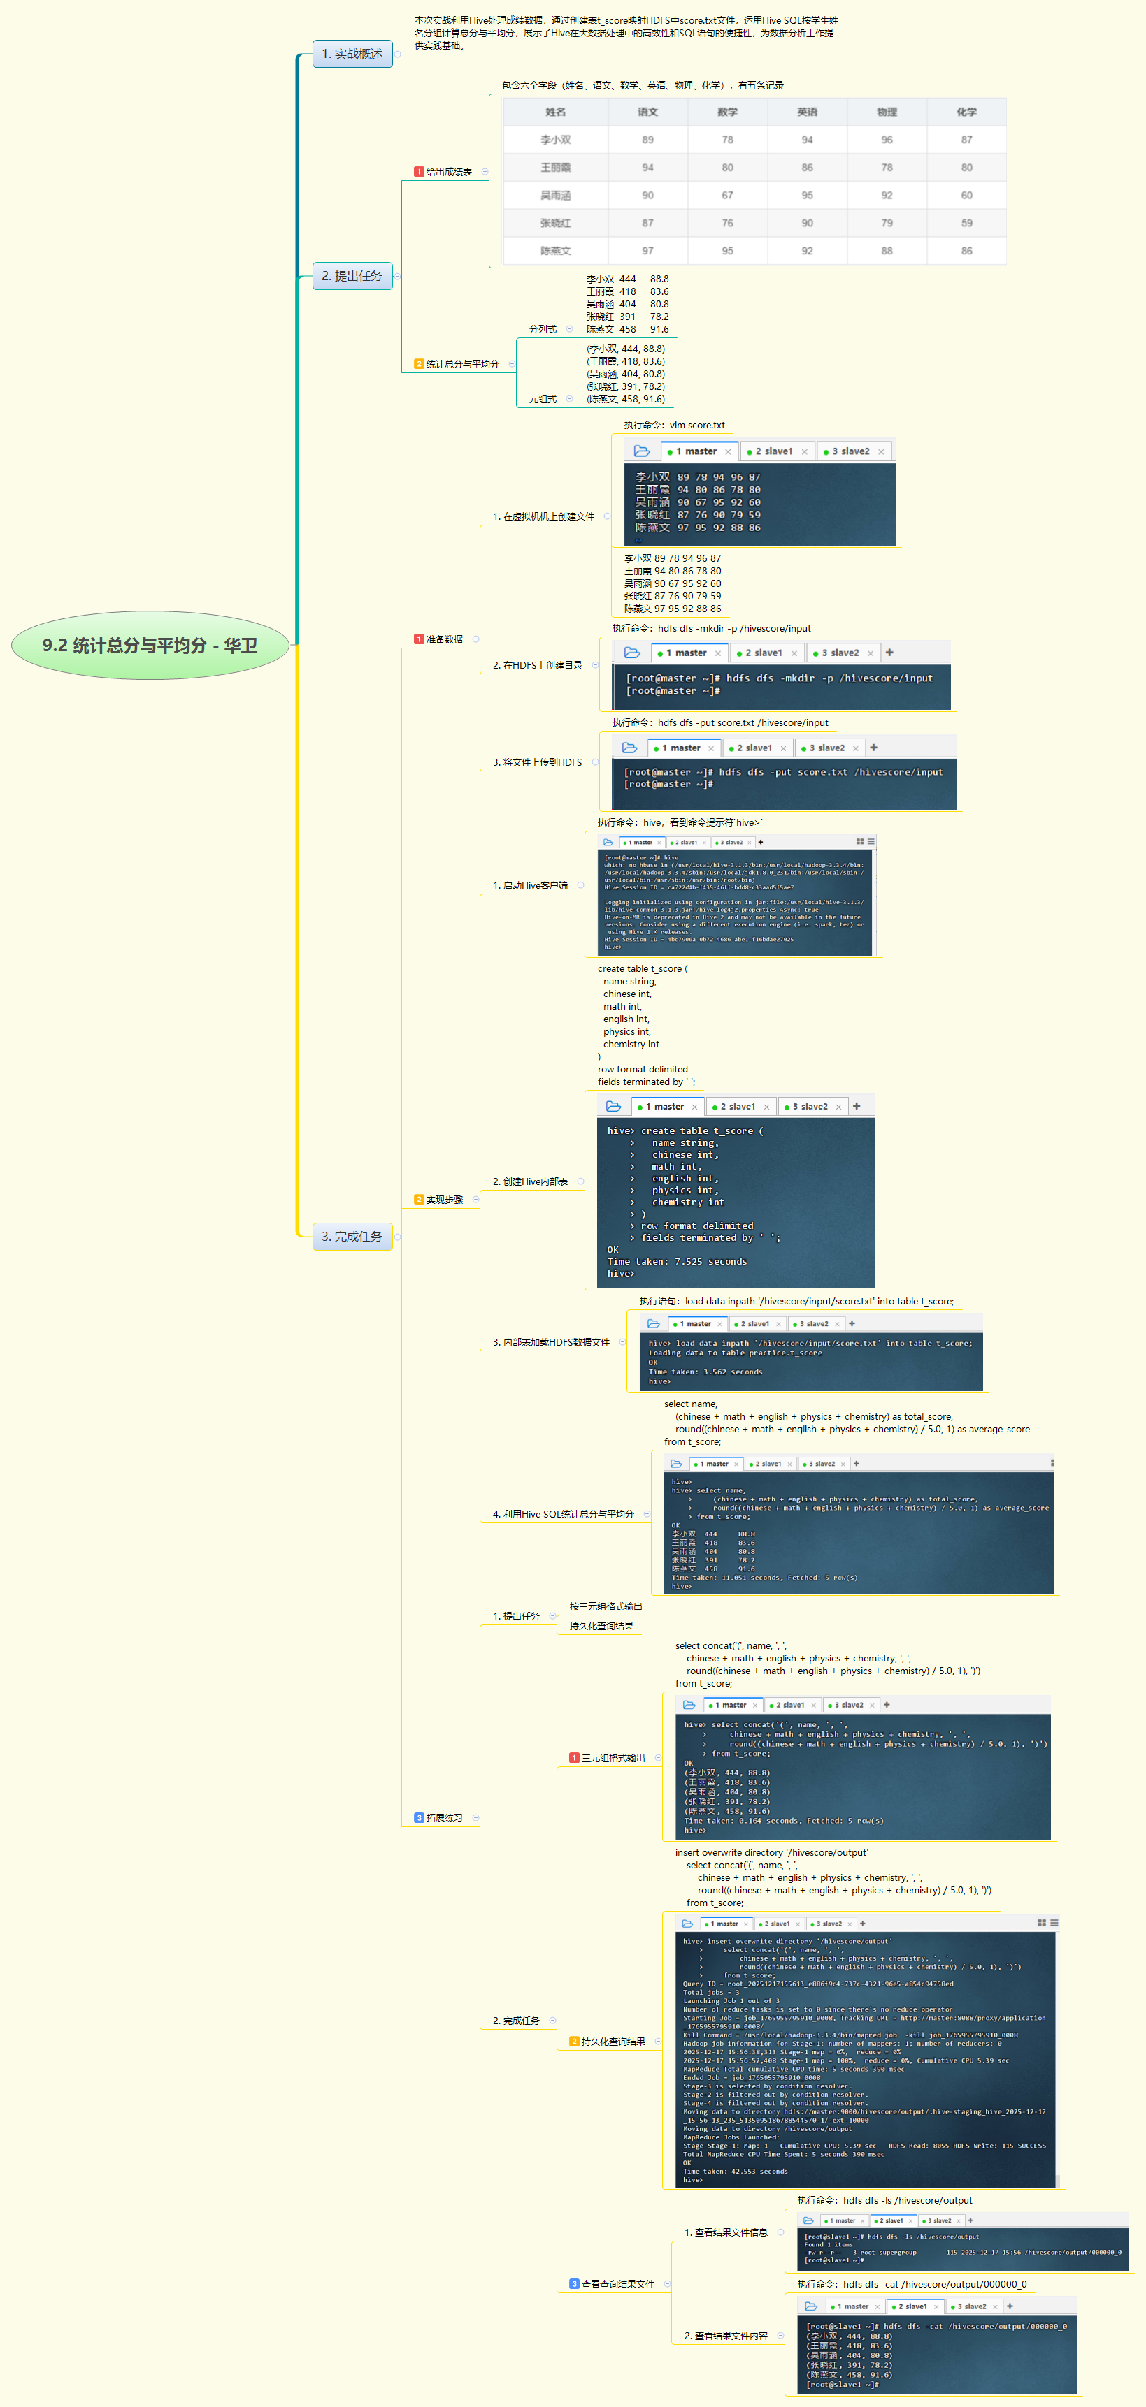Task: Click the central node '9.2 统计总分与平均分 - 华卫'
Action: tap(150, 646)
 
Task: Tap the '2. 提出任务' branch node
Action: tap(352, 277)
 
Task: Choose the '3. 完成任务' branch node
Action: tap(352, 1236)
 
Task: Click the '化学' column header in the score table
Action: tap(966, 112)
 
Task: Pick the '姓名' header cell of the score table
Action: tap(555, 112)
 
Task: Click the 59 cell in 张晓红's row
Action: tap(966, 224)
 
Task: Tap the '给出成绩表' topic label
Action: tap(449, 172)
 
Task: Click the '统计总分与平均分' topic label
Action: tap(461, 365)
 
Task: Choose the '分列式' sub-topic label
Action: tap(542, 329)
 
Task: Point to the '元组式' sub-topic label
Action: tap(542, 399)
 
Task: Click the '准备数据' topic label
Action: tap(444, 639)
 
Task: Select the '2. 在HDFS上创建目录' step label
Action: tap(538, 665)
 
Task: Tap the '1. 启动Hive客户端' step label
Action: tap(530, 885)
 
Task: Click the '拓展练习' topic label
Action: tap(444, 1817)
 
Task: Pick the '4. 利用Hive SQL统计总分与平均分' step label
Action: tap(563, 1513)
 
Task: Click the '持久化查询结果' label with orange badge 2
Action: tap(613, 2041)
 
